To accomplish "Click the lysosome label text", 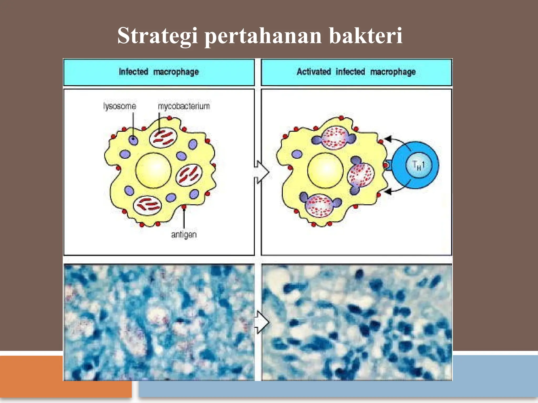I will [120, 106].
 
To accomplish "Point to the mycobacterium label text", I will [184, 106].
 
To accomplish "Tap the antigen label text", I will [184, 234].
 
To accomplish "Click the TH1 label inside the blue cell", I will [418, 165].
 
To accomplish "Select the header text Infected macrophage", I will [159, 72].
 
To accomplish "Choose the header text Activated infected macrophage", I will [356, 72].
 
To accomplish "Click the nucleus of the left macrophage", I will [153, 171].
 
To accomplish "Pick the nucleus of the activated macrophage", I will [325, 171].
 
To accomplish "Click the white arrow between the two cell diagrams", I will [262, 172].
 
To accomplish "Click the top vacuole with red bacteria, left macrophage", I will [163, 138].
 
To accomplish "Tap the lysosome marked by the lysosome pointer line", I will [133, 140].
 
